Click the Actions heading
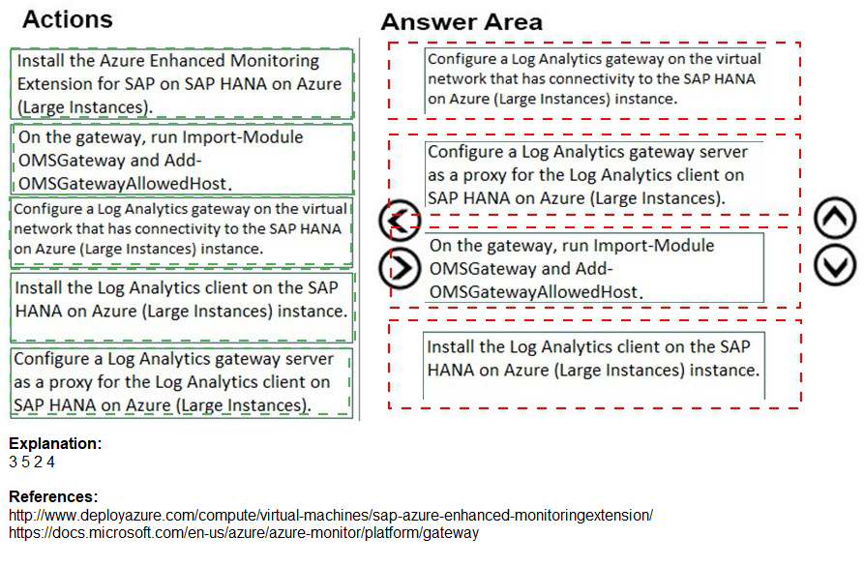pos(67,19)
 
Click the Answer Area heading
pos(462,22)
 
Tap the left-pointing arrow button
pos(399,222)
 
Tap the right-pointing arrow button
pos(399,267)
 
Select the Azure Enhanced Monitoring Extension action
pos(182,83)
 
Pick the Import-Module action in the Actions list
pos(182,160)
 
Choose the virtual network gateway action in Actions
pos(182,228)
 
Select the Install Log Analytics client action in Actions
pos(182,300)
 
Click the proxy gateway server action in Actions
pos(182,382)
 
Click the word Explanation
pos(55,444)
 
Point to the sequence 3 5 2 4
pos(32,462)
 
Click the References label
pos(53,497)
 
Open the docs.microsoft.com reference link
pos(244,532)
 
